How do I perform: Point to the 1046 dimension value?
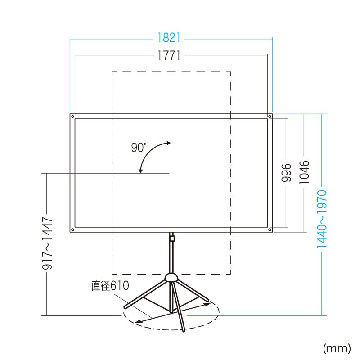point(305,172)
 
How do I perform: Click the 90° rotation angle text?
point(139,148)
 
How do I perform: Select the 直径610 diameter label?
point(110,286)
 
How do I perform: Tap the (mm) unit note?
point(337,347)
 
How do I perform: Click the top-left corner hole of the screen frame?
point(72,116)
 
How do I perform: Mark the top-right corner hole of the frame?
point(270,116)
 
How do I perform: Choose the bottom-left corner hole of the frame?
point(72,230)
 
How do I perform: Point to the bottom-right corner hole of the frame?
point(270,230)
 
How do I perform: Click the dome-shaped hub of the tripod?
point(171,277)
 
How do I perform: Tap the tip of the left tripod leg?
point(126,307)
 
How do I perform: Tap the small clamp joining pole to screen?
point(171,236)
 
